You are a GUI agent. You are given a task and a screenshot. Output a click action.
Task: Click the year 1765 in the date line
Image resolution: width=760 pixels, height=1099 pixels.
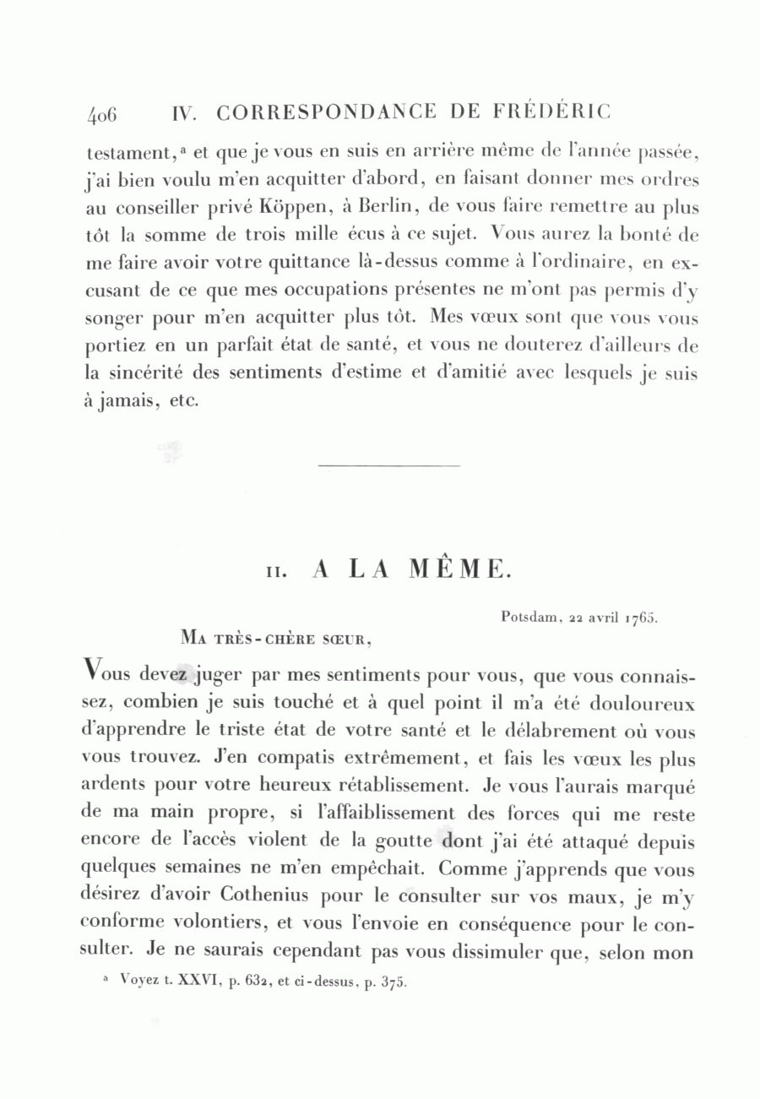(641, 617)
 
